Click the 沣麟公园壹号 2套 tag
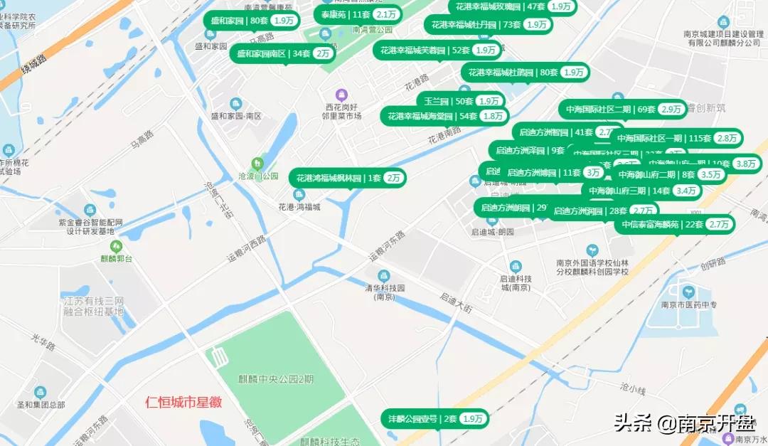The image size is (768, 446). pyautogui.click(x=435, y=418)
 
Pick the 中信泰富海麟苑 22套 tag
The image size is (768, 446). pyautogui.click(x=675, y=224)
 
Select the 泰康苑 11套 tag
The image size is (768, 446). pyautogui.click(x=358, y=14)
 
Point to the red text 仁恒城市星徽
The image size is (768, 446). pyautogui.click(x=183, y=402)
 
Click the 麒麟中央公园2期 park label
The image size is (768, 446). pyautogui.click(x=275, y=379)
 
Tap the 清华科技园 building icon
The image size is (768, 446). pyautogui.click(x=384, y=275)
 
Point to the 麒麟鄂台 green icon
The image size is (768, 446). pyautogui.click(x=105, y=246)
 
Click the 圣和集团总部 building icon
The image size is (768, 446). pyautogui.click(x=40, y=392)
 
